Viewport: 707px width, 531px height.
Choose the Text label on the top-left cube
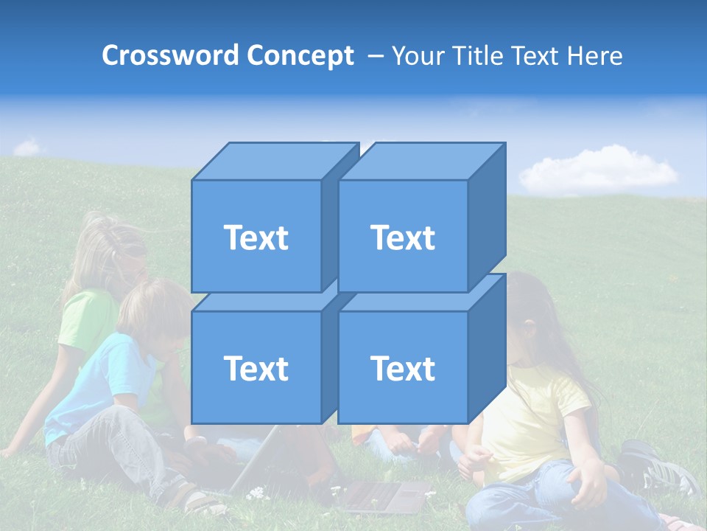tap(256, 237)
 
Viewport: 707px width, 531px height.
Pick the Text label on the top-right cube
tap(403, 237)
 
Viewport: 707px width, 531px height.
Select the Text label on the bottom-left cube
tap(256, 368)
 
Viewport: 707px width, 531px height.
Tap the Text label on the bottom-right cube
tap(403, 368)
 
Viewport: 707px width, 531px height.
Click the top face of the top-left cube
tap(272, 162)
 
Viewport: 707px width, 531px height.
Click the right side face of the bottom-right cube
tap(486, 350)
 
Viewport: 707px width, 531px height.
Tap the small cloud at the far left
tap(28, 147)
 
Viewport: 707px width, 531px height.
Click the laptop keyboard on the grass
tap(383, 496)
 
